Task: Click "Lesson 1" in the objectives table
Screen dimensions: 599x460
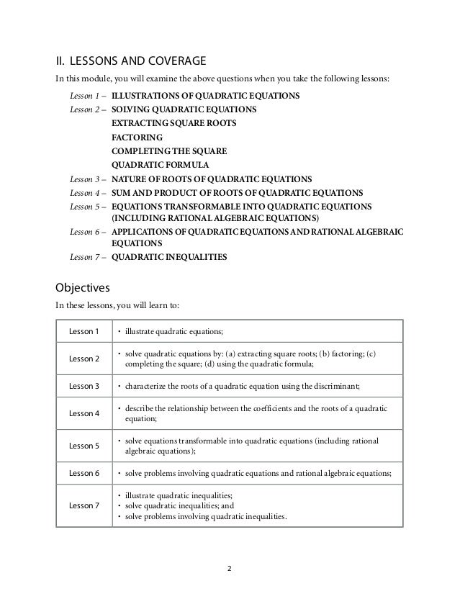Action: (83, 331)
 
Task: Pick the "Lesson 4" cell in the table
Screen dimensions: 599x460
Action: (83, 413)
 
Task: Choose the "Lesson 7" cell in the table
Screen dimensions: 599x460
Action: (83, 505)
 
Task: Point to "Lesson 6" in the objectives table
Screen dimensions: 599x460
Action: (83, 473)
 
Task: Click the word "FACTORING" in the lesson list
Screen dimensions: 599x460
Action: (137, 137)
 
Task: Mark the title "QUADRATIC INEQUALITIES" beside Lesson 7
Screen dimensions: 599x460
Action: (170, 256)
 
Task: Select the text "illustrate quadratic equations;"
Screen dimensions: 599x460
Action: (174, 331)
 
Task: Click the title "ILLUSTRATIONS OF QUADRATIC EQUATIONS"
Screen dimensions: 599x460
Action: (206, 96)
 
